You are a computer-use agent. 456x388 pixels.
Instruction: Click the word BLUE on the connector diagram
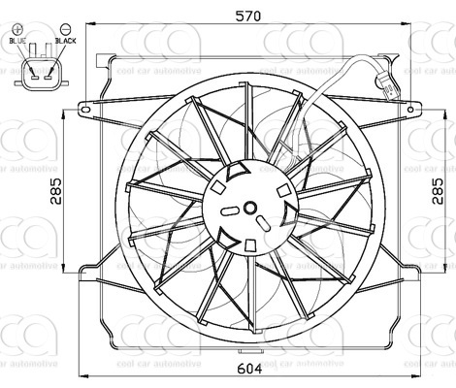pos(18,41)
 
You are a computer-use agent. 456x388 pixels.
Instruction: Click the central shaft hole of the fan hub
pos(249,208)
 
